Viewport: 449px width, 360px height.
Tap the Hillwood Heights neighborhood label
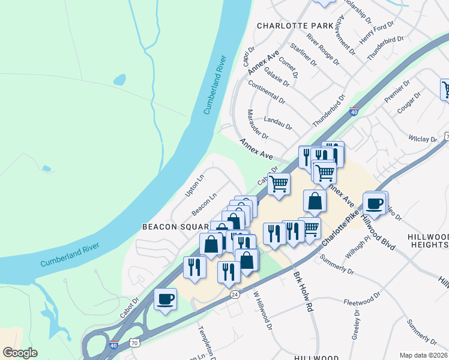click(x=427, y=241)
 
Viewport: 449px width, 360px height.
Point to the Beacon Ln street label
click(x=204, y=205)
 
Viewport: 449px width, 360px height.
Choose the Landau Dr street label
click(x=277, y=123)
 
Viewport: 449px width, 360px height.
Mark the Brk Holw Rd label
click(x=303, y=292)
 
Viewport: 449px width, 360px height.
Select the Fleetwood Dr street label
click(x=362, y=298)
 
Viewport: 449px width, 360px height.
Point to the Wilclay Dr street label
click(x=423, y=139)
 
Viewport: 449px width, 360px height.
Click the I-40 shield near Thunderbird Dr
click(x=354, y=112)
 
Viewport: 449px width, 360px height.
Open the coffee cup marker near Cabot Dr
click(x=165, y=299)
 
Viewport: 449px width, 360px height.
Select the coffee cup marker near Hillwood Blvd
click(x=375, y=203)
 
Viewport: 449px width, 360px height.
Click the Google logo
click(x=20, y=353)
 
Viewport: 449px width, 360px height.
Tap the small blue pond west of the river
click(x=119, y=79)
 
